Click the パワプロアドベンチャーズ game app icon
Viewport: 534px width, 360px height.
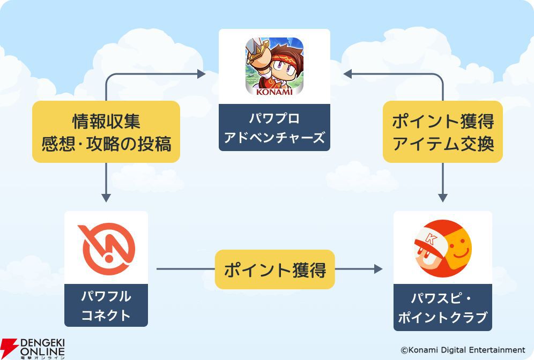click(275, 66)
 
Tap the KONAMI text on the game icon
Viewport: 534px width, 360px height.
click(275, 91)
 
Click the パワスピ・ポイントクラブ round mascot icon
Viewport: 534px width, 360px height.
click(443, 247)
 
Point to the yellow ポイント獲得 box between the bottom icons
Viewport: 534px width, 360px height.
click(275, 269)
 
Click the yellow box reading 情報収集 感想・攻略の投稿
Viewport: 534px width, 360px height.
click(106, 132)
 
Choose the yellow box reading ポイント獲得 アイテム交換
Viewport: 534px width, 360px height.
click(443, 132)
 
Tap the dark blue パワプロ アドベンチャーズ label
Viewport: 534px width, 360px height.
click(275, 127)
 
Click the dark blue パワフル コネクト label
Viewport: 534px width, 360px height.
click(106, 305)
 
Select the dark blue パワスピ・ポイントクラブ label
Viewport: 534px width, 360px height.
click(443, 307)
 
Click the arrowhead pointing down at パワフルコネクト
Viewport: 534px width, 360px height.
click(106, 197)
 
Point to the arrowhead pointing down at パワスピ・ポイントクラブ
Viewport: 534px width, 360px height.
click(443, 197)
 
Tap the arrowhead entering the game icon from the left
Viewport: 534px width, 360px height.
click(202, 74)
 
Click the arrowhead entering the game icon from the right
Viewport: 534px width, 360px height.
click(347, 74)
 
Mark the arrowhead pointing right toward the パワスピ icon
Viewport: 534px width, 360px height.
click(378, 269)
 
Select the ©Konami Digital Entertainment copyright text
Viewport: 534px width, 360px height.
click(463, 350)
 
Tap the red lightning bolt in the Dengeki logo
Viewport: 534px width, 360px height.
click(10, 347)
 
